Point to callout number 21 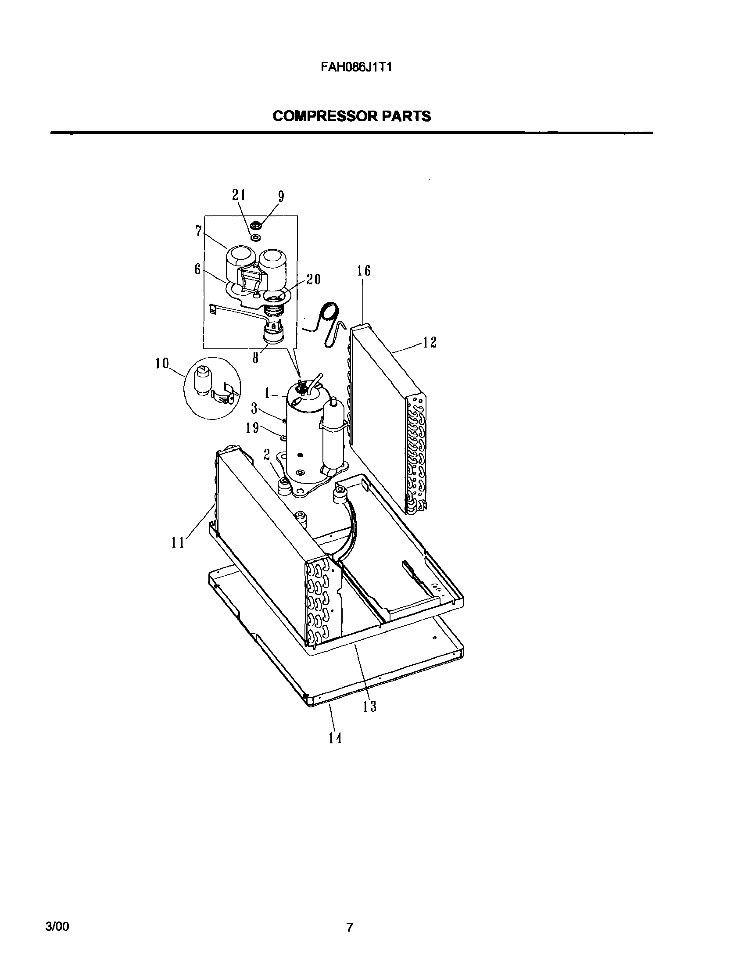pos(239,196)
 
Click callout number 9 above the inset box pos(280,197)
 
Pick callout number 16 pos(364,271)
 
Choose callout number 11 pos(178,543)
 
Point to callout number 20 pos(314,279)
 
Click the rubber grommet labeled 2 pos(284,487)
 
